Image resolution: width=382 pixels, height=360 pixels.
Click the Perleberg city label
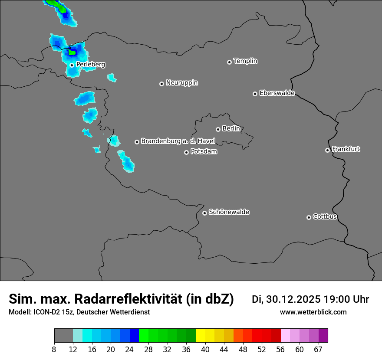[x=90, y=65]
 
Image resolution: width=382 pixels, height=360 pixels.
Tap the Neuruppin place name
[x=181, y=83]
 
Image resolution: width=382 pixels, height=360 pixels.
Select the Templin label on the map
[x=245, y=61]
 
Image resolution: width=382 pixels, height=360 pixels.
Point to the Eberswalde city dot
[x=255, y=94]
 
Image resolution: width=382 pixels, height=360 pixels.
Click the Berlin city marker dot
[x=218, y=129]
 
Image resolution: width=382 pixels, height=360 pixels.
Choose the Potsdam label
[x=204, y=152]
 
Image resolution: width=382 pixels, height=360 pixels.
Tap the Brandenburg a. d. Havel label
[x=178, y=141]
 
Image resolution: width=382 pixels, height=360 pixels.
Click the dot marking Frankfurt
[x=327, y=150]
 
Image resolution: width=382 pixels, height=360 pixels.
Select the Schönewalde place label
[x=229, y=212]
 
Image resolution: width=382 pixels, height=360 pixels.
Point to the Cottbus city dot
[x=309, y=217]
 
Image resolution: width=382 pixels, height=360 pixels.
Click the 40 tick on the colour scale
[x=205, y=349]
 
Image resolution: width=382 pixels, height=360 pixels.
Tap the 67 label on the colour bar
[x=318, y=349]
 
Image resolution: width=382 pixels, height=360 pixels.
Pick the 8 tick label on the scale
[x=54, y=349]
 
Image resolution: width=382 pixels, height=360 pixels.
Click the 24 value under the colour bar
[x=130, y=349]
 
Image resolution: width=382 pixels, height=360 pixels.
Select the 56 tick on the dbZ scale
[x=281, y=349]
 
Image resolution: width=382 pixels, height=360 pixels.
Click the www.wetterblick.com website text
[x=313, y=312]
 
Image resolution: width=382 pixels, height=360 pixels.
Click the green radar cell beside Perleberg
[x=72, y=52]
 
